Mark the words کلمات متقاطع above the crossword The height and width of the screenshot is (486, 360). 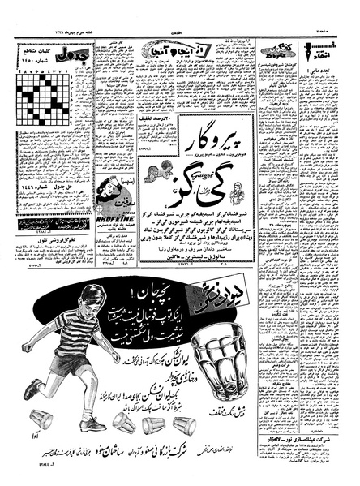62,53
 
